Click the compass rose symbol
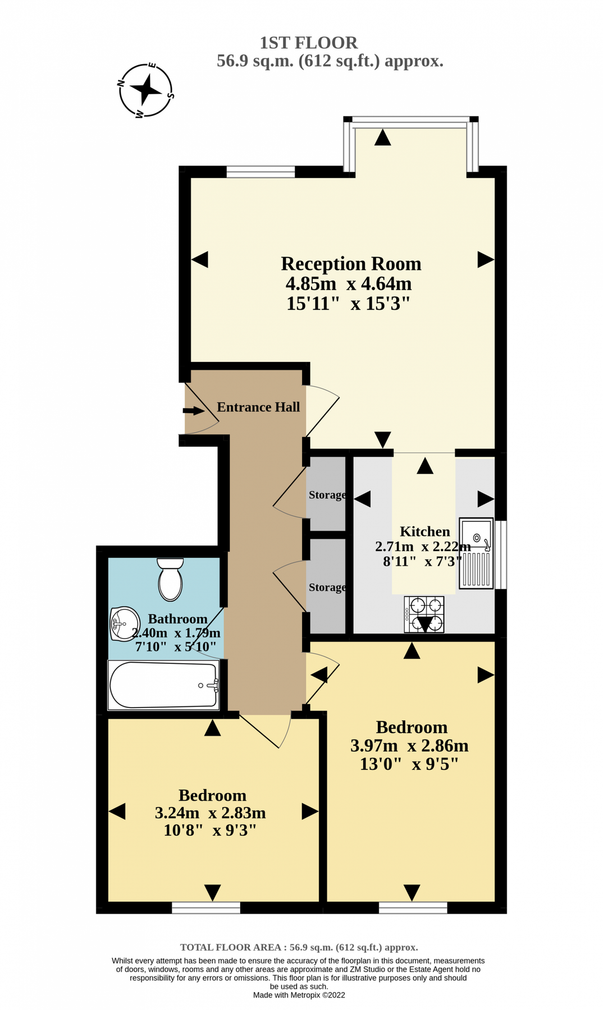click(x=146, y=90)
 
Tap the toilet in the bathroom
click(x=170, y=580)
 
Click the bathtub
click(x=164, y=685)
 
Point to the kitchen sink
click(x=476, y=553)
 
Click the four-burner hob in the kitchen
click(x=424, y=614)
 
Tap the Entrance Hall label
click(x=258, y=407)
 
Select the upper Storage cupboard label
click(x=327, y=495)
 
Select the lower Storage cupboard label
click(x=327, y=587)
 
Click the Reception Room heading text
click(x=351, y=264)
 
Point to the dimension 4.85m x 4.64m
click(x=349, y=284)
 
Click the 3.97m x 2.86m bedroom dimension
click(x=409, y=746)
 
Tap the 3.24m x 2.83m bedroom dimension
click(x=210, y=813)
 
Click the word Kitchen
click(x=424, y=531)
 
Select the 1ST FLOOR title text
click(x=308, y=43)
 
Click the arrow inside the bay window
click(x=382, y=137)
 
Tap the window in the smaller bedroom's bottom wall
click(x=206, y=907)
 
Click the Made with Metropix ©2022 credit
click(x=299, y=995)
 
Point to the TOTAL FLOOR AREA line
click(x=299, y=947)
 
